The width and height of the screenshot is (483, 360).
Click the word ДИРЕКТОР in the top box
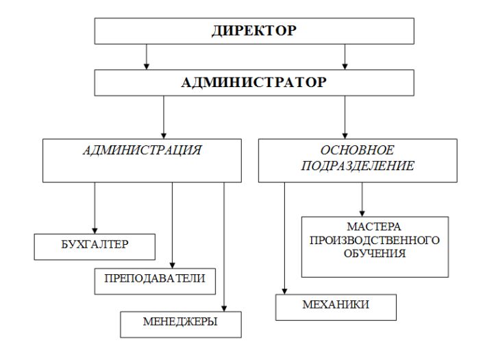point(254,30)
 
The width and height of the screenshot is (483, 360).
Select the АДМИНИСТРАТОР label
point(254,82)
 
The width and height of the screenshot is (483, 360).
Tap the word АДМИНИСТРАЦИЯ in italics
point(142,150)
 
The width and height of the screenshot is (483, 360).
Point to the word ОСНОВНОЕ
point(358,150)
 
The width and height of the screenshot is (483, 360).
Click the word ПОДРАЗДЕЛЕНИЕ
point(358,166)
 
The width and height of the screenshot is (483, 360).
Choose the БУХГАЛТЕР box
point(95,247)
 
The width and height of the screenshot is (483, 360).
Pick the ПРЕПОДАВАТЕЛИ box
point(155,281)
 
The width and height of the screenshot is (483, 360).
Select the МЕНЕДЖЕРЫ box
point(181,324)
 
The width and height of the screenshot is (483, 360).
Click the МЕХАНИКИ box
point(336,307)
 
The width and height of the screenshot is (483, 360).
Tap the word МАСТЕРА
point(374,227)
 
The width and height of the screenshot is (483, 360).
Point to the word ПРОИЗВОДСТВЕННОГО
point(375,240)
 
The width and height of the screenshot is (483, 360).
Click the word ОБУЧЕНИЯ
point(375,253)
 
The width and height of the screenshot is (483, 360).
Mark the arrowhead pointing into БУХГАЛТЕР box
point(95,231)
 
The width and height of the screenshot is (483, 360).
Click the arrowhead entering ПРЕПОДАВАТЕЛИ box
point(172,265)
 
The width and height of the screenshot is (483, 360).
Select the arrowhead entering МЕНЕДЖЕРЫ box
point(224,309)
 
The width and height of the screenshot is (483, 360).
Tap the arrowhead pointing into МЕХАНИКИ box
point(284,291)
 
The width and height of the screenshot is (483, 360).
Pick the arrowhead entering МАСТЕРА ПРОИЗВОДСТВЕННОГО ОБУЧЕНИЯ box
point(362,214)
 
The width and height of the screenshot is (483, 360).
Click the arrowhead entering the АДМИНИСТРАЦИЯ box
point(164,136)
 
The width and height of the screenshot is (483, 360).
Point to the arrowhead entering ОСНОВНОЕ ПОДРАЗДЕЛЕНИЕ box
point(345,136)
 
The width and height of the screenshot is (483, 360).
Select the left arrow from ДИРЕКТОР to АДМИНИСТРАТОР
point(147,57)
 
